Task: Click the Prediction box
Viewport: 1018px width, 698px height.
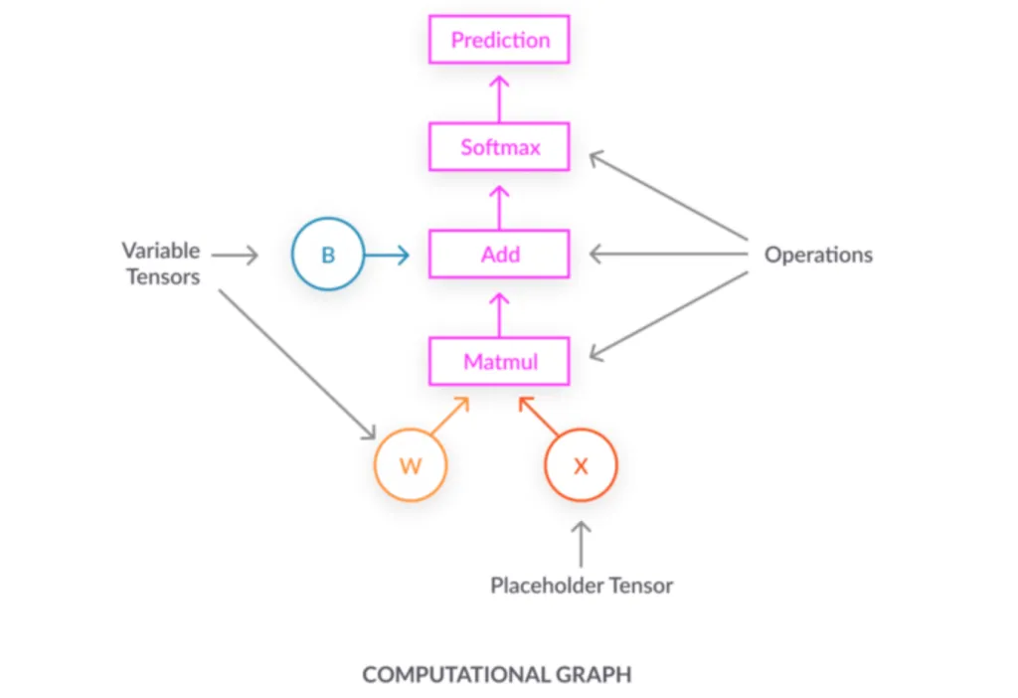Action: click(x=499, y=40)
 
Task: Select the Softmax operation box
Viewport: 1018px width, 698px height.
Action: click(x=499, y=147)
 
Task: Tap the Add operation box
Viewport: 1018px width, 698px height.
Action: click(x=499, y=255)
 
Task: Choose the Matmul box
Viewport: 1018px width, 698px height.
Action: click(x=499, y=362)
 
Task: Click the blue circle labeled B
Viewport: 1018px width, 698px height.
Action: click(x=328, y=255)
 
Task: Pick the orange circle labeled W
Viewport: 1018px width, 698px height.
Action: click(x=411, y=465)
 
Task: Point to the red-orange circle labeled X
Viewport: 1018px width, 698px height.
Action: click(x=582, y=465)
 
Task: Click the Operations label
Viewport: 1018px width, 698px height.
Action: click(x=817, y=255)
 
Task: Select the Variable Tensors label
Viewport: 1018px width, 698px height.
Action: click(x=161, y=263)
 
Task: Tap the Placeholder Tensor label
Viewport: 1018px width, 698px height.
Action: click(x=582, y=586)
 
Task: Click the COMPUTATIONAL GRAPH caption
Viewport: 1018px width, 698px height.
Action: click(x=496, y=675)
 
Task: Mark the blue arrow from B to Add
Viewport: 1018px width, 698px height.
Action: click(x=387, y=256)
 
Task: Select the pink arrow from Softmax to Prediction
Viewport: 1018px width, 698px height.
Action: click(x=499, y=93)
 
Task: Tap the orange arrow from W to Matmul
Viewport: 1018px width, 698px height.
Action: click(x=450, y=416)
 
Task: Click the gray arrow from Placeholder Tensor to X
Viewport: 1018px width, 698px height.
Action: click(x=582, y=544)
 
